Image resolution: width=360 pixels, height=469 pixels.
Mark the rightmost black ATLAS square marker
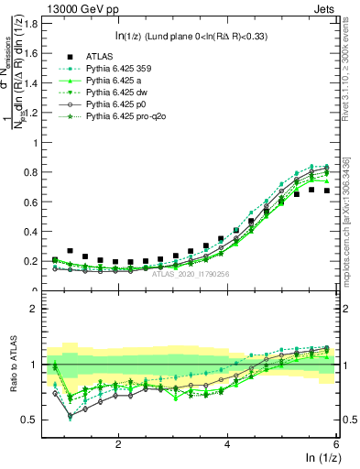326,191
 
